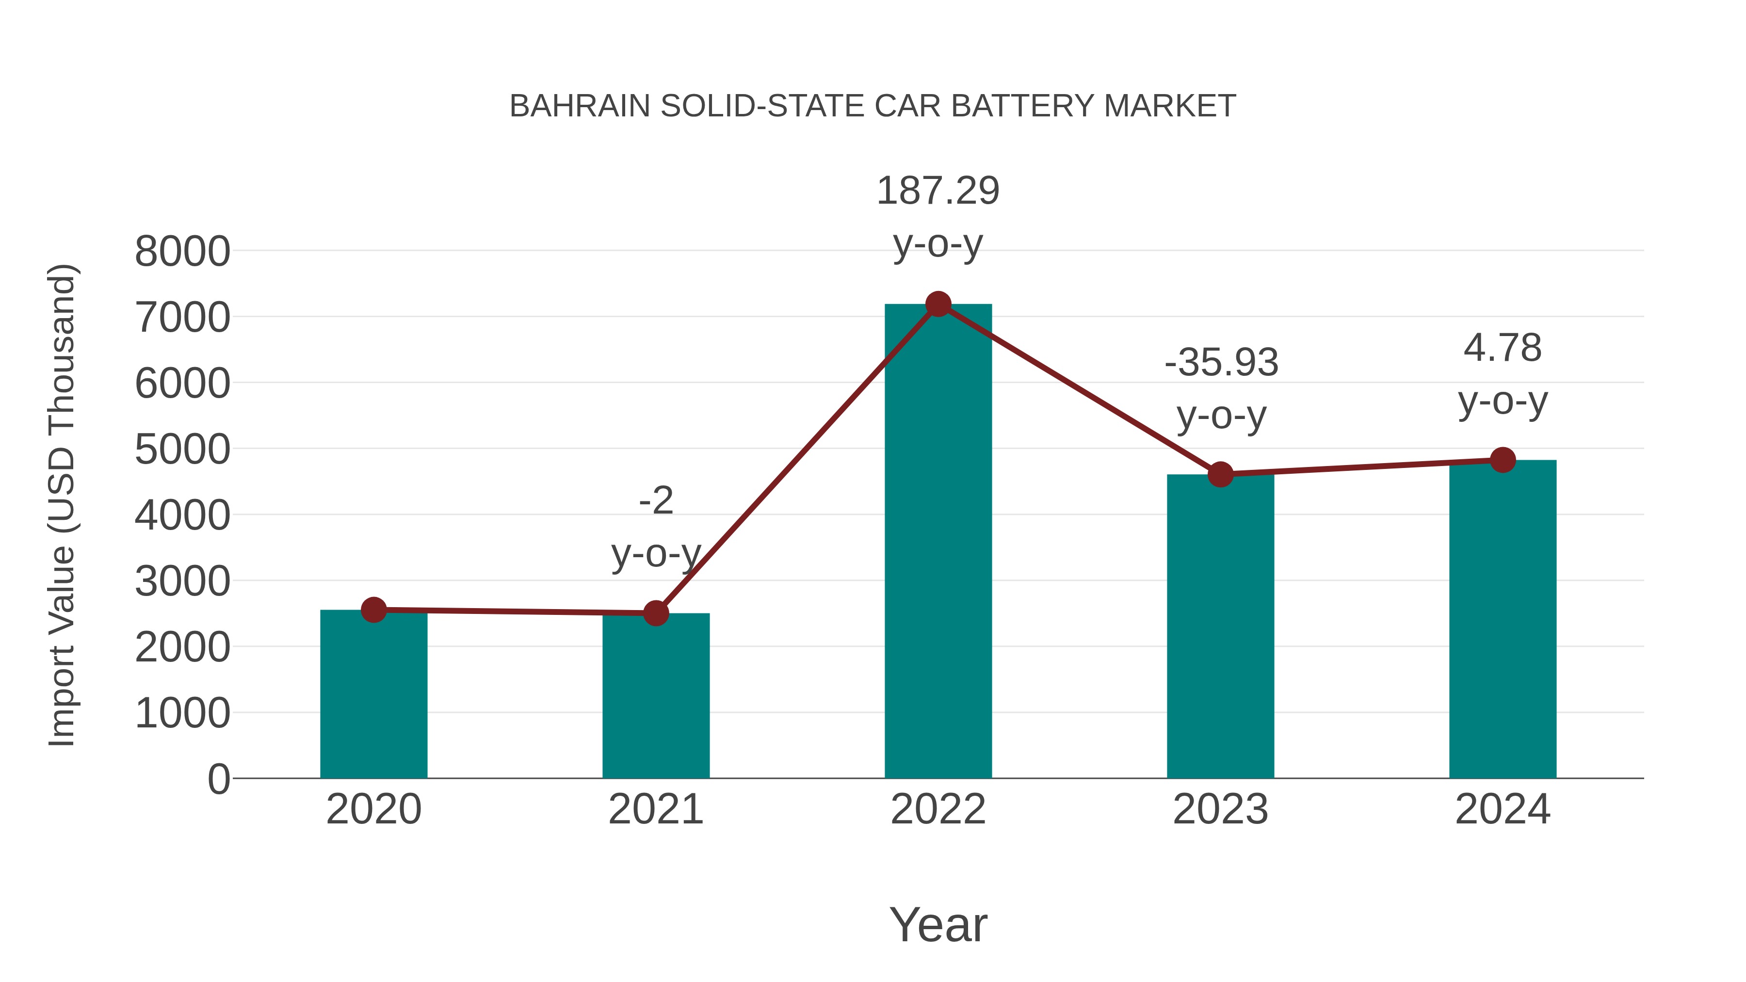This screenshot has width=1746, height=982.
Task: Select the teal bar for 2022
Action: point(938,542)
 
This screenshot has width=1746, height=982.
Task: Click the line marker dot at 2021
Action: point(655,613)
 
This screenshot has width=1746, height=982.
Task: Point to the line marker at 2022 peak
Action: point(938,304)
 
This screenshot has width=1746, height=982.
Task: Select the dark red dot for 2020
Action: point(373,610)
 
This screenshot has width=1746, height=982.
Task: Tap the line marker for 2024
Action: point(1503,460)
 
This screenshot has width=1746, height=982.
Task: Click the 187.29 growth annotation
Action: point(938,191)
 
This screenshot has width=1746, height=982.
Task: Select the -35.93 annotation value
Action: point(1221,363)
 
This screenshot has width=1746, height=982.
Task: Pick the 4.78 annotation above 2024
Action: point(1503,348)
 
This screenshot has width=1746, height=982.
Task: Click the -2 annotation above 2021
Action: point(655,501)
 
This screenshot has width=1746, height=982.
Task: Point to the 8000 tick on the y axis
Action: point(182,251)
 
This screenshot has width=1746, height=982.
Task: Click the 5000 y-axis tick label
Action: point(182,450)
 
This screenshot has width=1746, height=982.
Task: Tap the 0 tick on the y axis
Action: point(218,779)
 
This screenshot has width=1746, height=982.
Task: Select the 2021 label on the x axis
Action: point(655,809)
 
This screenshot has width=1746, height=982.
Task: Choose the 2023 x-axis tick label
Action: point(1220,809)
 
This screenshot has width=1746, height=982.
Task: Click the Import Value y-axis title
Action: point(63,505)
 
